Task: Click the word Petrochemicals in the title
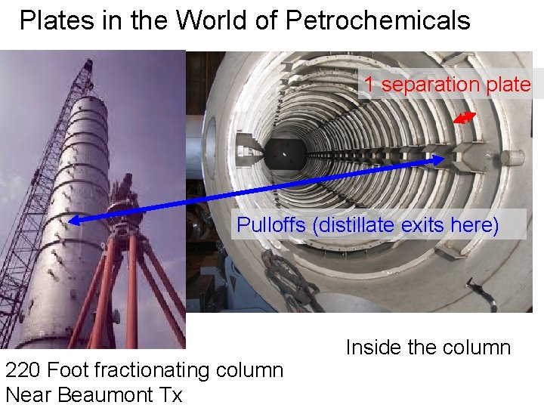click(378, 20)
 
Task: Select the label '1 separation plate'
click(447, 85)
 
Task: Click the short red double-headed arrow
click(464, 117)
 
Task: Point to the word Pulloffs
click(271, 225)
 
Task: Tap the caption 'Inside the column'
click(428, 348)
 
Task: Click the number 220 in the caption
click(23, 370)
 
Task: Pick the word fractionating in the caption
click(143, 370)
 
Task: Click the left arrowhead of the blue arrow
click(73, 221)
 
